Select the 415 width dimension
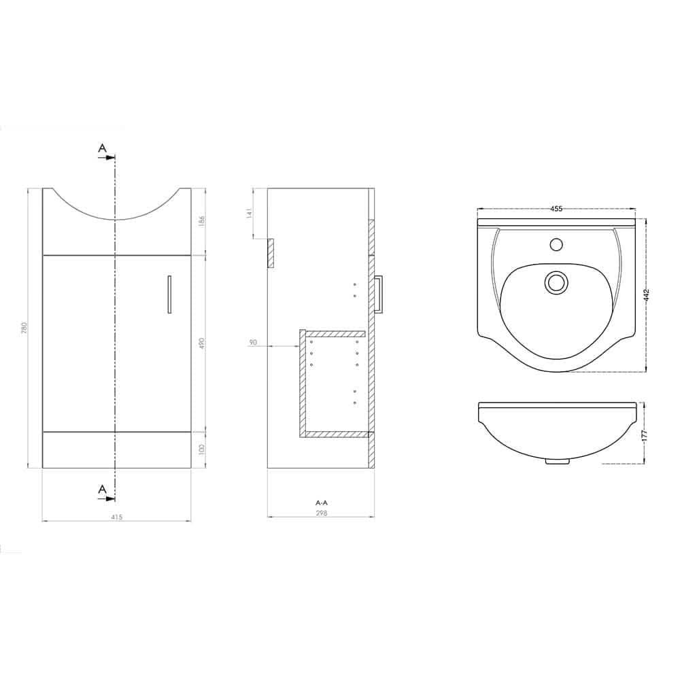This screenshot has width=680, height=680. tap(116, 516)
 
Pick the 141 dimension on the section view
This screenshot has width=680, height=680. tap(250, 212)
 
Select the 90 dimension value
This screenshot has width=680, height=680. tap(253, 343)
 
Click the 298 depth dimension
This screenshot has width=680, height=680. tap(322, 513)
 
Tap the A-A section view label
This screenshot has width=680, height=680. tap(322, 503)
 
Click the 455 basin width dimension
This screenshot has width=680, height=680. tap(556, 209)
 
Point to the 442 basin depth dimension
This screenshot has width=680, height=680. tap(647, 295)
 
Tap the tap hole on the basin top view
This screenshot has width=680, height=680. tap(557, 243)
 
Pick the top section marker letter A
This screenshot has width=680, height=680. tap(102, 148)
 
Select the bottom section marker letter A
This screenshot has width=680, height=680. tap(102, 488)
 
